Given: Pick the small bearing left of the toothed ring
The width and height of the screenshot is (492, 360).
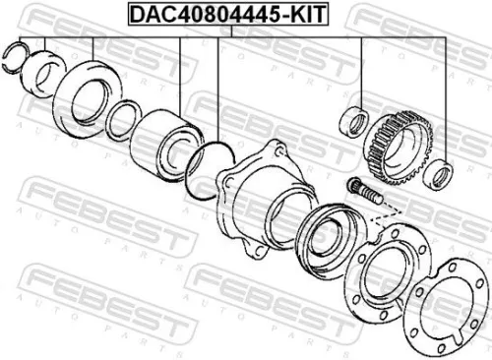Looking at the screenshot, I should tap(352, 126).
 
